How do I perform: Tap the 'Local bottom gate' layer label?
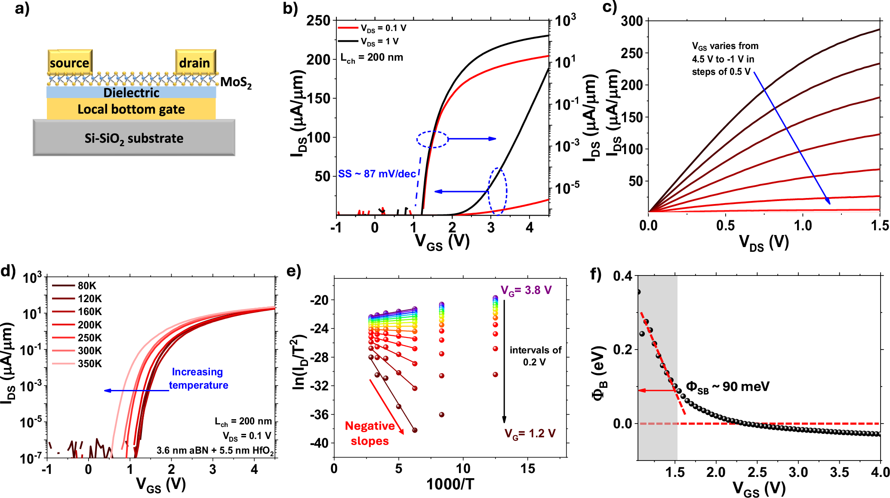tap(131, 109)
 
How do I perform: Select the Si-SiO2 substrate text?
tap(134, 139)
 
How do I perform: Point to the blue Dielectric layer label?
tap(131, 93)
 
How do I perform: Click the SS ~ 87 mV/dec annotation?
tap(377, 174)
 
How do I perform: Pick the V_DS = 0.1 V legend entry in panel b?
tap(372, 28)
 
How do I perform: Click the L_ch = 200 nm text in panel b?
tap(372, 58)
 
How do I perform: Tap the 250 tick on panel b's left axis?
tap(318, 21)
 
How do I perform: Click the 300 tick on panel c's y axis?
tap(631, 21)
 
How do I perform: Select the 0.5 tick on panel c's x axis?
tap(725, 226)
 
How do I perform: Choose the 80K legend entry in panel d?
tap(77, 286)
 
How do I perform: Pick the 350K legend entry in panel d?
tap(77, 364)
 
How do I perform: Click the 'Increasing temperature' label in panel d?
tap(198, 378)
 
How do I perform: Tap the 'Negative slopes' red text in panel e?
tap(370, 433)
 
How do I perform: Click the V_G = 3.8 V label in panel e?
tap(526, 291)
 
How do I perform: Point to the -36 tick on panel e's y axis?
tap(319, 415)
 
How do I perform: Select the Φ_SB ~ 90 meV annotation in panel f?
tap(727, 387)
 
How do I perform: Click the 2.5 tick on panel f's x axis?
tap(757, 473)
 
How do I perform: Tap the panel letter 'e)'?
tap(293, 272)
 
